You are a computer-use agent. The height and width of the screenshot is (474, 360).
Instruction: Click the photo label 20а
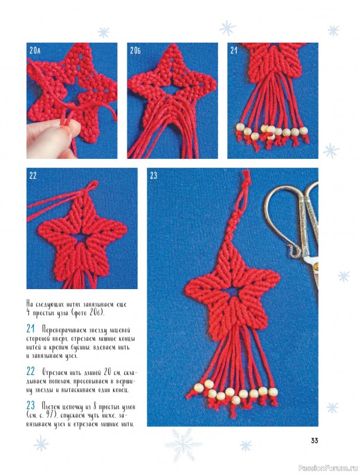click(35, 50)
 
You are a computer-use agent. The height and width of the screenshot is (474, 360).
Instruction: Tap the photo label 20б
click(136, 50)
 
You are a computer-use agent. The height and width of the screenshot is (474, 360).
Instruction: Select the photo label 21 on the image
click(234, 50)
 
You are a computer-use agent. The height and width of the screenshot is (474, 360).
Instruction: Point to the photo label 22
click(33, 175)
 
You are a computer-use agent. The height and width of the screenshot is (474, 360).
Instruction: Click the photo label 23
click(153, 175)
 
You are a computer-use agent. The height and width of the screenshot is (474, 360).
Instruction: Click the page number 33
click(314, 441)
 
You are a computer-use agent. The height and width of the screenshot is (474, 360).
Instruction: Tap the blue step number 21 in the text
click(31, 329)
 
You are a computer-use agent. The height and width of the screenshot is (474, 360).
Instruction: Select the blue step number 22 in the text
click(31, 371)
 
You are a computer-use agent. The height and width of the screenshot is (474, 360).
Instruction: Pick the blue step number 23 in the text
click(31, 405)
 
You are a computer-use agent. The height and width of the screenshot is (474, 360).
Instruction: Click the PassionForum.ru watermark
click(327, 468)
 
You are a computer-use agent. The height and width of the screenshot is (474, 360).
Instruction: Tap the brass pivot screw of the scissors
click(316, 266)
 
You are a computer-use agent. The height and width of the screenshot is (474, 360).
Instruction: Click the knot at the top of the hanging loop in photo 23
click(247, 180)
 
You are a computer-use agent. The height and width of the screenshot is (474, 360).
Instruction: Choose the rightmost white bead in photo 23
click(274, 392)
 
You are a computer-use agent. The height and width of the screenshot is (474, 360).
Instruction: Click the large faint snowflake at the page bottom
click(184, 444)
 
